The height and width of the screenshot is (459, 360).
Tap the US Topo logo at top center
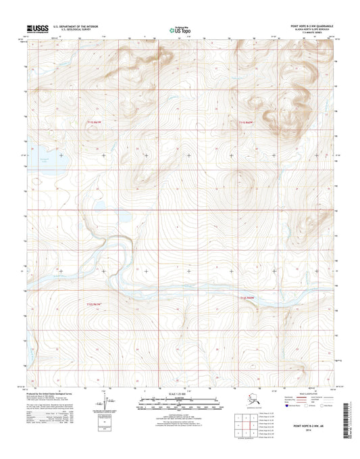coord(180,29)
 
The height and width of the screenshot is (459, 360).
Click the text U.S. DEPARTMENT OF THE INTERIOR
coord(75,27)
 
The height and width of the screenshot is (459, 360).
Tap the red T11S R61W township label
coord(98,122)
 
